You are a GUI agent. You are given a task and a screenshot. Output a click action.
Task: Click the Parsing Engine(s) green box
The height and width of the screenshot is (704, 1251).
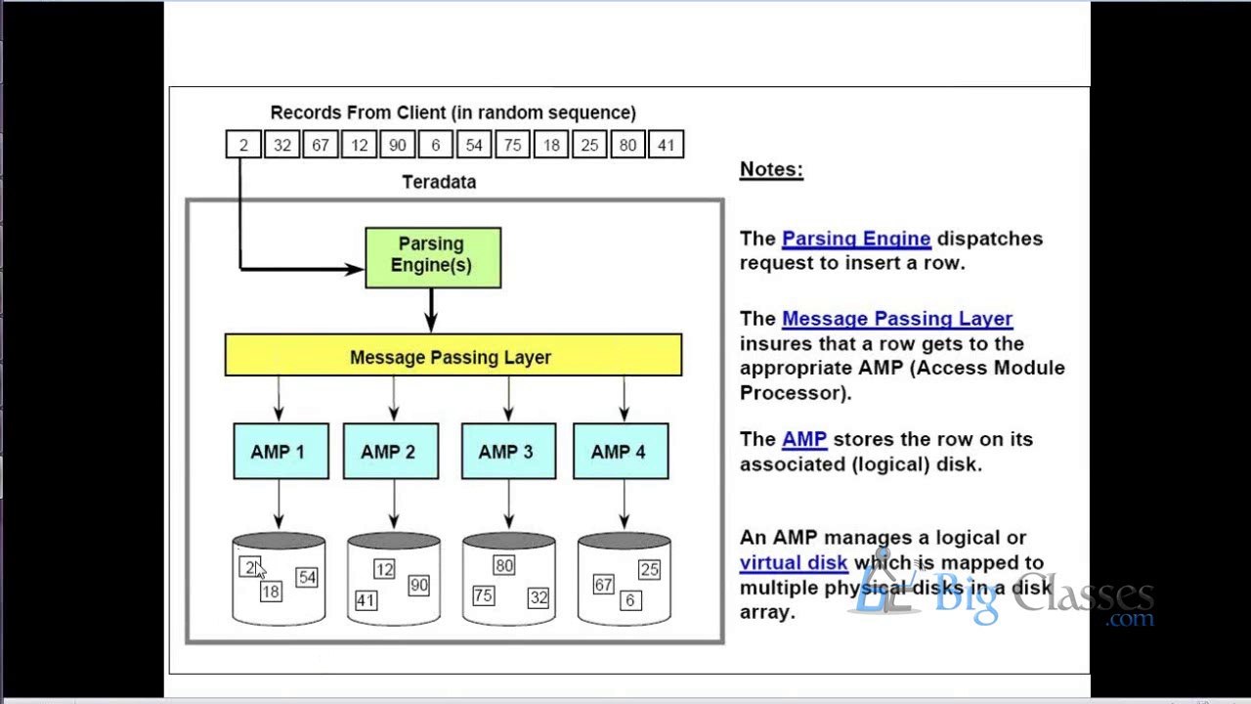pyautogui.click(x=433, y=257)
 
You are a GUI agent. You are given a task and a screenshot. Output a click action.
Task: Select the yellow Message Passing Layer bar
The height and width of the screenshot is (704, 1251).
pyautogui.click(x=453, y=355)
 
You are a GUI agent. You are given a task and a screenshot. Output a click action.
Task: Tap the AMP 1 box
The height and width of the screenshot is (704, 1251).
pyautogui.click(x=280, y=451)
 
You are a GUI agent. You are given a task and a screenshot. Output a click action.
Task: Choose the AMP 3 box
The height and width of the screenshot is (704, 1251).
pyautogui.click(x=508, y=451)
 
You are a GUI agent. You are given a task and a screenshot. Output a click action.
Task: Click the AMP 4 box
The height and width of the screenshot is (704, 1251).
pyautogui.click(x=621, y=451)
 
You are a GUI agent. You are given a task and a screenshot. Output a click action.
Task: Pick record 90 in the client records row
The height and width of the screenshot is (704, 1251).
pyautogui.click(x=397, y=145)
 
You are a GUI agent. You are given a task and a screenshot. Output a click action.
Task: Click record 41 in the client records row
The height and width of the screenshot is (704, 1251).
pyautogui.click(x=666, y=145)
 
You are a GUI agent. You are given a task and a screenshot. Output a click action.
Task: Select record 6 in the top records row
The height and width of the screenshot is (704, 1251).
pyautogui.click(x=436, y=145)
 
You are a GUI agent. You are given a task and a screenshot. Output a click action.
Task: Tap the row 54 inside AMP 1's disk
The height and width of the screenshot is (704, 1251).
pyautogui.click(x=307, y=577)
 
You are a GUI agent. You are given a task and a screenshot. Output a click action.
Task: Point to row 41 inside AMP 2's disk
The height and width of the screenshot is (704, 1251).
pyautogui.click(x=366, y=600)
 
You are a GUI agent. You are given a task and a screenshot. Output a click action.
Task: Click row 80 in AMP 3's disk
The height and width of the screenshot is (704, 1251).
pyautogui.click(x=503, y=565)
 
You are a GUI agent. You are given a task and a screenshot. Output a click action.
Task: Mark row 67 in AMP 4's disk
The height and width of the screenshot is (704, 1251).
pyautogui.click(x=603, y=585)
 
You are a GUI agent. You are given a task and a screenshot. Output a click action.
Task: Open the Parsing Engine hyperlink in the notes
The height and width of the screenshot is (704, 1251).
pyautogui.click(x=856, y=239)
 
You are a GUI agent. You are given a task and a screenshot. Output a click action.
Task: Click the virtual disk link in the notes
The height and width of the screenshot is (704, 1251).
pyautogui.click(x=794, y=562)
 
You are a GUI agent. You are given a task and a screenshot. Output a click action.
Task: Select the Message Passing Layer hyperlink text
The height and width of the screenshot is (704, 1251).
pyautogui.click(x=897, y=319)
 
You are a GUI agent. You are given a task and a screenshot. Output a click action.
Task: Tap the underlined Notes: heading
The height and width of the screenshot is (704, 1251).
pyautogui.click(x=771, y=169)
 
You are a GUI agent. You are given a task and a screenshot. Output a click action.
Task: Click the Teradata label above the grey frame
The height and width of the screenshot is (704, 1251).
pyautogui.click(x=439, y=182)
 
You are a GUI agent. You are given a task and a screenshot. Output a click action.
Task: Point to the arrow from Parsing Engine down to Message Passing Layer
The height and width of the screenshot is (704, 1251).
pyautogui.click(x=431, y=311)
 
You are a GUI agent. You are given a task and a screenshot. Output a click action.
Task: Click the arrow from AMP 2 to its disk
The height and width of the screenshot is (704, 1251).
pyautogui.click(x=394, y=504)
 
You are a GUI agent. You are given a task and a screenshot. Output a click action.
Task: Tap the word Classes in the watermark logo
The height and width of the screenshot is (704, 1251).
pyautogui.click(x=1083, y=596)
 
